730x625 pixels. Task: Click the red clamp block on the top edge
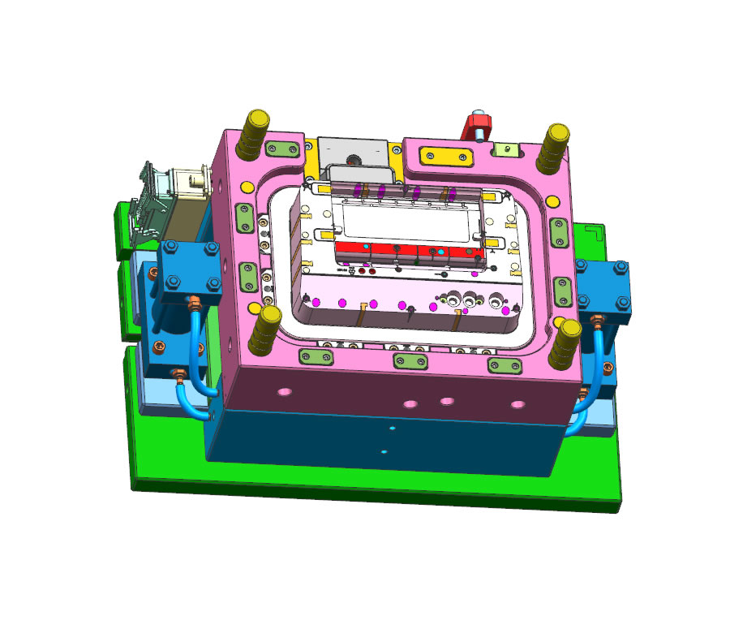(x=473, y=127)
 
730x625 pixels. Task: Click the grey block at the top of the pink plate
(x=353, y=152)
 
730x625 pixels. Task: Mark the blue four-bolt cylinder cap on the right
(x=603, y=285)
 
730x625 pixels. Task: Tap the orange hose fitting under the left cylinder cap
(x=195, y=306)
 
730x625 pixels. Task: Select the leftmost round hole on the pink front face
(x=284, y=392)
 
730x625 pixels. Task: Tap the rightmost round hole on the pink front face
(x=517, y=404)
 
